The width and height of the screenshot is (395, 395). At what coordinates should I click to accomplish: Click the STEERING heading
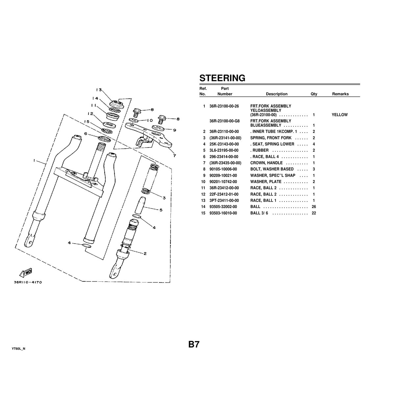[x=222, y=78]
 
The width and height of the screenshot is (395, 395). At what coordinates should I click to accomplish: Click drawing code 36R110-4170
[x=28, y=282]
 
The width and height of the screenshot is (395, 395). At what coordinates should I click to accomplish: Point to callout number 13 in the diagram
[x=99, y=90]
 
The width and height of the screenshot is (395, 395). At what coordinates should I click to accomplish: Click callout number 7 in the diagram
[x=174, y=155]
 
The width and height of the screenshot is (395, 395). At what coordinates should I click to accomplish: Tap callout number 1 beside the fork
[x=34, y=161]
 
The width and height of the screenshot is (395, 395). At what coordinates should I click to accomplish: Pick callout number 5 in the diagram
[x=161, y=210]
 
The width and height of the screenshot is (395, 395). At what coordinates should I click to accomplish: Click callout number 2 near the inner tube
[x=145, y=253]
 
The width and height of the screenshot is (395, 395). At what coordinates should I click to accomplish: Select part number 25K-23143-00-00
[x=224, y=144]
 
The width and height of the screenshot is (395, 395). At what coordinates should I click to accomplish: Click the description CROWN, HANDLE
[x=266, y=163]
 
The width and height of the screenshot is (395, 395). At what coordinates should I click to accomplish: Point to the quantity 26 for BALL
[x=314, y=207]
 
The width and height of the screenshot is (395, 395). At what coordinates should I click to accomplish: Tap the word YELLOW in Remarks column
[x=340, y=115]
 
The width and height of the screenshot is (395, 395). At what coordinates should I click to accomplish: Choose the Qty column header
[x=314, y=94]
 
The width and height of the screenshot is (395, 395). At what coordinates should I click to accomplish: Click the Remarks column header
[x=340, y=94]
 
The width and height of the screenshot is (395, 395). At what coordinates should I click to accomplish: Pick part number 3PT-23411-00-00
[x=224, y=200]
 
